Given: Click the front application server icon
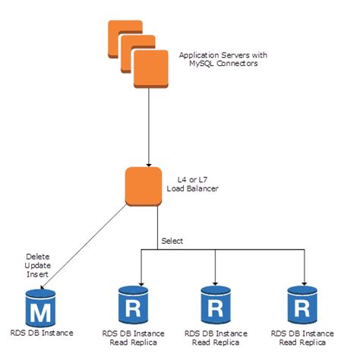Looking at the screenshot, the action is pos(151,69).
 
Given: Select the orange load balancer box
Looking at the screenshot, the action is pos(144,187).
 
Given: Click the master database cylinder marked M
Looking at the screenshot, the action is pos(40,308).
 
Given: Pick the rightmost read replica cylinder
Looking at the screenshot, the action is pos(302,305).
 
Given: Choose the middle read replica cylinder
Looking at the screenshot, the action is pos(216,305).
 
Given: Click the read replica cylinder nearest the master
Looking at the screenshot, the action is pos(133,305).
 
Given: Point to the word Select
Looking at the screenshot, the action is pos(172,241).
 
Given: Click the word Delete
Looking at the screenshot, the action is pos(38,257).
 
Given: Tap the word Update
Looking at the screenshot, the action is pos(38,266).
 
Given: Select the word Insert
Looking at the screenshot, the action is pos(37,274).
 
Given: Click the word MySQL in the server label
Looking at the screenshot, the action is pos(202,63).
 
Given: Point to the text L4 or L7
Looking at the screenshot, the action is pos(192,180).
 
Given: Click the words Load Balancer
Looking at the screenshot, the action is pos(193,188).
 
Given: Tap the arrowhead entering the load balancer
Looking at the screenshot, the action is pos(149,165).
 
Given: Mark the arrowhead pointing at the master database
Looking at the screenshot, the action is pos(43,287).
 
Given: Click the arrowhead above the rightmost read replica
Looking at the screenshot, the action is pos(305,283).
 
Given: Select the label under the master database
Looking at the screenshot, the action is pos(42,333).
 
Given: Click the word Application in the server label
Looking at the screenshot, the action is pos(199,55).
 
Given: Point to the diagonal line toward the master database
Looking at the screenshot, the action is pos(84,246).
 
